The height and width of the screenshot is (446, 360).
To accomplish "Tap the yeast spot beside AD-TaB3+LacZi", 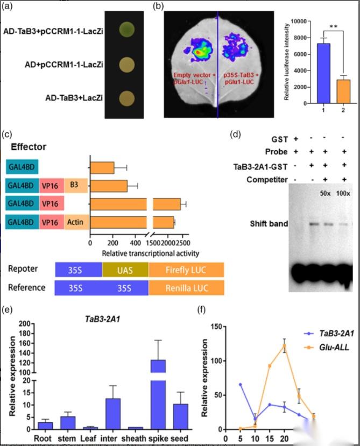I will click(x=128, y=98).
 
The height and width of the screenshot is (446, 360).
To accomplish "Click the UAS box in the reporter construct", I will click(x=125, y=270).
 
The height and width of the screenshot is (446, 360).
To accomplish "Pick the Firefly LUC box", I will click(x=186, y=270).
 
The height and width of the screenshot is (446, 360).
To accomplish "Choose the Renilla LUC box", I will click(x=186, y=287).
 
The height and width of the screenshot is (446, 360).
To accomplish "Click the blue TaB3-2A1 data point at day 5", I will click(x=240, y=385).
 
